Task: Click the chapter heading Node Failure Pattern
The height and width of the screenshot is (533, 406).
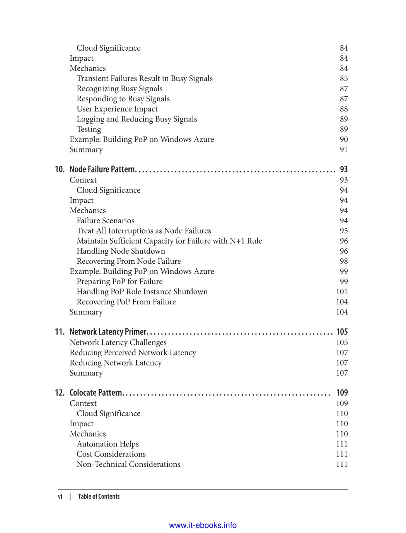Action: tap(102, 169)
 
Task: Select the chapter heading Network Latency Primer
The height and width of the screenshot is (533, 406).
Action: tap(108, 332)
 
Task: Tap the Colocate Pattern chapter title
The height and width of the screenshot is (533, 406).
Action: tap(96, 393)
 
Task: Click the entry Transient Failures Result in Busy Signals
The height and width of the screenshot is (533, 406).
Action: tap(145, 79)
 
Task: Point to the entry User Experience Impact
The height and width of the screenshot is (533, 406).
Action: tap(117, 109)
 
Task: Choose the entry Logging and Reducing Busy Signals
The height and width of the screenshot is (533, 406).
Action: tap(136, 119)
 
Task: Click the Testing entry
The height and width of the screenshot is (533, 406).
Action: tap(89, 129)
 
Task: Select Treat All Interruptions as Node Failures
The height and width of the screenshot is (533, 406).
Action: tap(143, 231)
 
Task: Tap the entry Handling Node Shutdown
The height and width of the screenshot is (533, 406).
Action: tap(121, 251)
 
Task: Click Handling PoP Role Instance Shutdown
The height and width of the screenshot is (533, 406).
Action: tap(142, 292)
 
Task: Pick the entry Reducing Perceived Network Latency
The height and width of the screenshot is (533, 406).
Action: tap(133, 353)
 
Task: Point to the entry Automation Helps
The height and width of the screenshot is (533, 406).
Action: tap(107, 444)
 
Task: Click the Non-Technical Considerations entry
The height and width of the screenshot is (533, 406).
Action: tap(128, 464)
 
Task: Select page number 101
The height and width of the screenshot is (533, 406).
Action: tap(342, 292)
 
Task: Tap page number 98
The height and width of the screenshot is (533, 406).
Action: tap(344, 261)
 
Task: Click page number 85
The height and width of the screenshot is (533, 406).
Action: tap(344, 79)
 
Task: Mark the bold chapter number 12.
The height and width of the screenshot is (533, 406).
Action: tap(60, 393)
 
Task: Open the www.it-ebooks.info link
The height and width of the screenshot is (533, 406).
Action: tap(203, 525)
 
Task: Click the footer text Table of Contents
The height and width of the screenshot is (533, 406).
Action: tap(99, 497)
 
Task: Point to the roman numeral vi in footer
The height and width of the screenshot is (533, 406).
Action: tap(60, 497)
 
